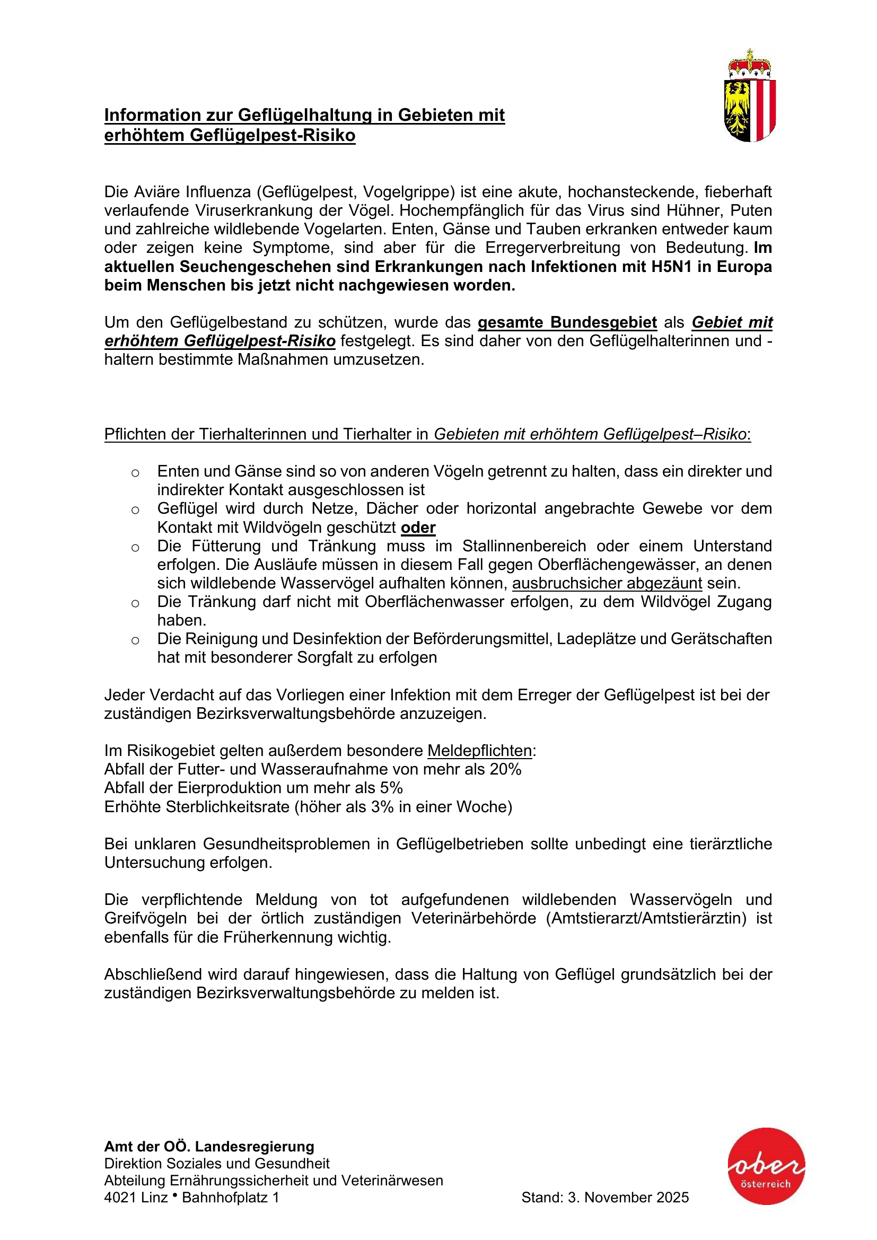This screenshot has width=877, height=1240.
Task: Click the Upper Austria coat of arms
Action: click(x=750, y=96)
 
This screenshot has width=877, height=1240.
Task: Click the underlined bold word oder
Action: click(x=418, y=527)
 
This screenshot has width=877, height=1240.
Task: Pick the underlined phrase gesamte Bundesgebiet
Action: click(x=567, y=322)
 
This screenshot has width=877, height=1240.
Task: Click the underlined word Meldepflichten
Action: click(x=479, y=751)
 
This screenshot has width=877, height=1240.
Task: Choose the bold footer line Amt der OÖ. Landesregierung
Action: click(x=209, y=1147)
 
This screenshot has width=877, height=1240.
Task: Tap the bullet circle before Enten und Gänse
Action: click(x=136, y=473)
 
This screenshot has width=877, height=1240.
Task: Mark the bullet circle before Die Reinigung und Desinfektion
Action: click(x=136, y=640)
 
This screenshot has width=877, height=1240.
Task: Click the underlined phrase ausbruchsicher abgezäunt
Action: click(x=607, y=583)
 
